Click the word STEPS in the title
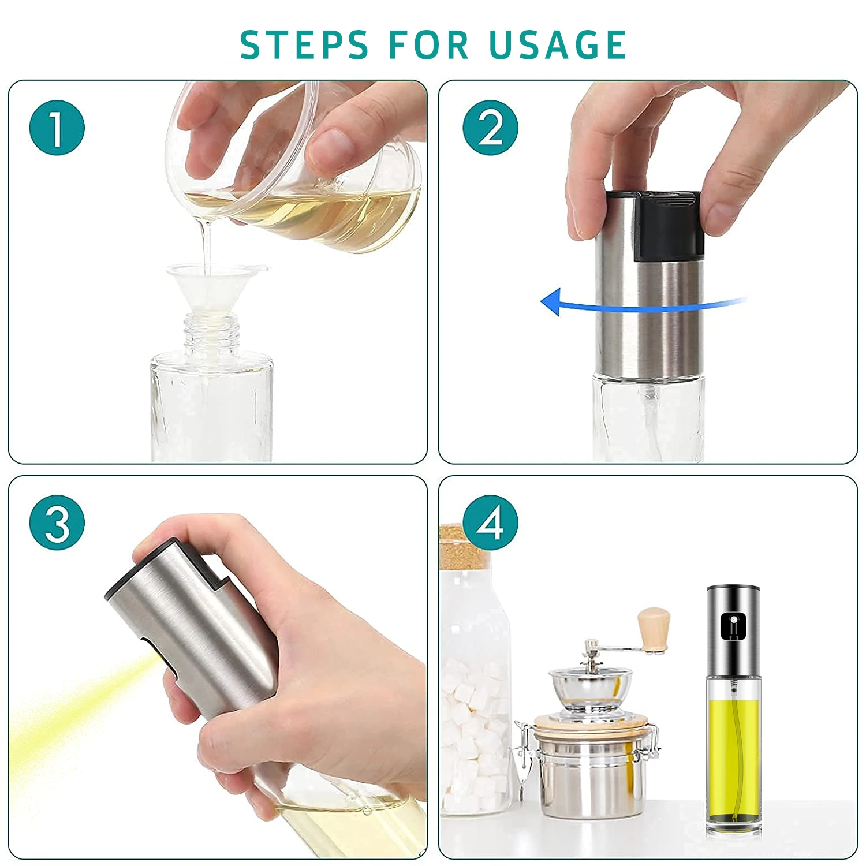[304, 44]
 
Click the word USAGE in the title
[558, 44]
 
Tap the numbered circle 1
[57, 128]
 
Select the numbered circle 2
[490, 128]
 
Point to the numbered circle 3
[57, 522]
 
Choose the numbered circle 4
[490, 522]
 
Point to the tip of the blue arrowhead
[541, 301]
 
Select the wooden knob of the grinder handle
[654, 629]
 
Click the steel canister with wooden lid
[589, 768]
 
